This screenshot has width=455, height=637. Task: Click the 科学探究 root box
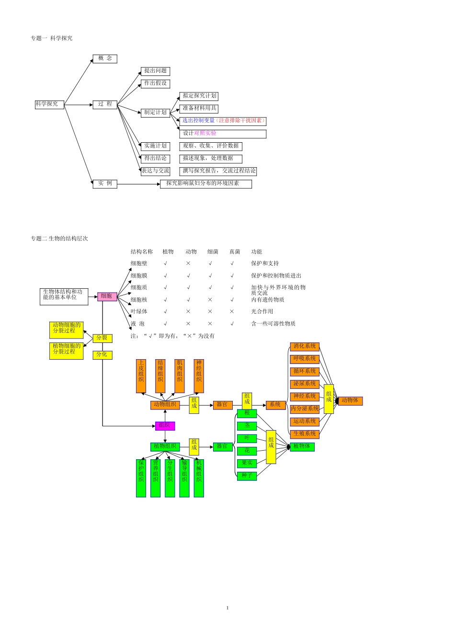pos(49,104)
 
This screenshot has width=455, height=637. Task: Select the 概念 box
pos(105,58)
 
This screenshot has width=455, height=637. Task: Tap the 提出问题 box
pos(155,71)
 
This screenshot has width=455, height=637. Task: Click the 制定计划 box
pos(155,112)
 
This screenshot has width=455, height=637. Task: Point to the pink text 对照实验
pos(205,133)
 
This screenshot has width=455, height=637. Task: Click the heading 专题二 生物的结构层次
pos(59,239)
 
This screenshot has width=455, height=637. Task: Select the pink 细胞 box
pos(107,296)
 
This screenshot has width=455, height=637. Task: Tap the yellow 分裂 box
pos(102,338)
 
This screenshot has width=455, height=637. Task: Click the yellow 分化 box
pos(102,354)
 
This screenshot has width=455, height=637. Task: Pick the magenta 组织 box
pos(165,425)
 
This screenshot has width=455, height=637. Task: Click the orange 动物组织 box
pos(165,405)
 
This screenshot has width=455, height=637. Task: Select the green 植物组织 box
pos(165,446)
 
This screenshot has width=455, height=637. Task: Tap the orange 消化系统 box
pos(305,346)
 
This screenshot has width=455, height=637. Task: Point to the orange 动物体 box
pos(350,400)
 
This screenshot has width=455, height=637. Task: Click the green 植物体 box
pos(302,446)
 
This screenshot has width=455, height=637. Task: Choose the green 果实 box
pos(247,463)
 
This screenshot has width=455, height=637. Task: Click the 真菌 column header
pos(235,251)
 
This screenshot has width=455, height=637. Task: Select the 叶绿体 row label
pos(139,311)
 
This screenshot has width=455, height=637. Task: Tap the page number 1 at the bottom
pos(227,608)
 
